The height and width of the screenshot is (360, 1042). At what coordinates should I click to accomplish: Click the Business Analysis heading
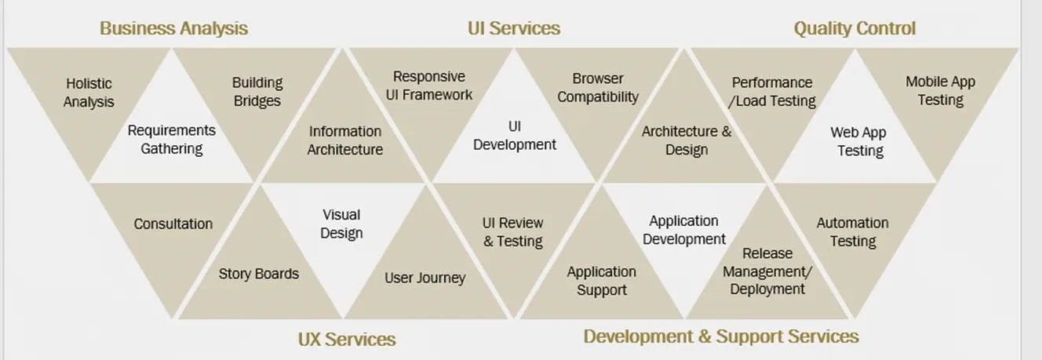pyautogui.click(x=173, y=29)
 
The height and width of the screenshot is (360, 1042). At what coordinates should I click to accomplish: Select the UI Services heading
pyautogui.click(x=514, y=29)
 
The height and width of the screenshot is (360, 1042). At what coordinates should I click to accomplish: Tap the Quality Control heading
pyautogui.click(x=854, y=29)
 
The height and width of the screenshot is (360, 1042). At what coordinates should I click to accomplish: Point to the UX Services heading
pyautogui.click(x=346, y=339)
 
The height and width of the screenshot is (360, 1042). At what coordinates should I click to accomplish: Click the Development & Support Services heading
pyautogui.click(x=721, y=336)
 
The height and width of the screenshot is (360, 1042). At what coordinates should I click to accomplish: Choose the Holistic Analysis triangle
pyautogui.click(x=89, y=93)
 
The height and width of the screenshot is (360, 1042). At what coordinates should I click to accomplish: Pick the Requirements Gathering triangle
pyautogui.click(x=172, y=140)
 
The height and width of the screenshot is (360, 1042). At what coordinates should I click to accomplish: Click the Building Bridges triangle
pyautogui.click(x=257, y=92)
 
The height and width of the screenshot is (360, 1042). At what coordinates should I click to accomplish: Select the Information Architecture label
pyautogui.click(x=345, y=140)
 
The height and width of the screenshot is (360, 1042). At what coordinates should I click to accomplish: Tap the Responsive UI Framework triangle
pyautogui.click(x=429, y=86)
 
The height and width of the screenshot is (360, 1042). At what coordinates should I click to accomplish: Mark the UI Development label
pyautogui.click(x=515, y=136)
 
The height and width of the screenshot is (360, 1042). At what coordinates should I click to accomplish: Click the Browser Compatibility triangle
pyautogui.click(x=598, y=88)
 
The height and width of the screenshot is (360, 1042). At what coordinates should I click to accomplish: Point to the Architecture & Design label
pyautogui.click(x=687, y=140)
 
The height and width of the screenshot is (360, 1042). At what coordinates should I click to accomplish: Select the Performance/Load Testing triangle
pyautogui.click(x=773, y=92)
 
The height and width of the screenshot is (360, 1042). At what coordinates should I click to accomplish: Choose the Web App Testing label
pyautogui.click(x=859, y=141)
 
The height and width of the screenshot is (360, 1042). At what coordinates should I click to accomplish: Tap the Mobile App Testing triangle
pyautogui.click(x=940, y=91)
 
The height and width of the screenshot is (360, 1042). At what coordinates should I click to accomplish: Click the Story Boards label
pyautogui.click(x=258, y=274)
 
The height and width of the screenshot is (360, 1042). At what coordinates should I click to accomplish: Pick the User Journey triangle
pyautogui.click(x=424, y=278)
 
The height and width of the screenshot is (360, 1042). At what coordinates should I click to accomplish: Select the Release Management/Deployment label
pyautogui.click(x=767, y=271)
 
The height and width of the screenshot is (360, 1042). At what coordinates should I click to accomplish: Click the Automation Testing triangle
pyautogui.click(x=853, y=232)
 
